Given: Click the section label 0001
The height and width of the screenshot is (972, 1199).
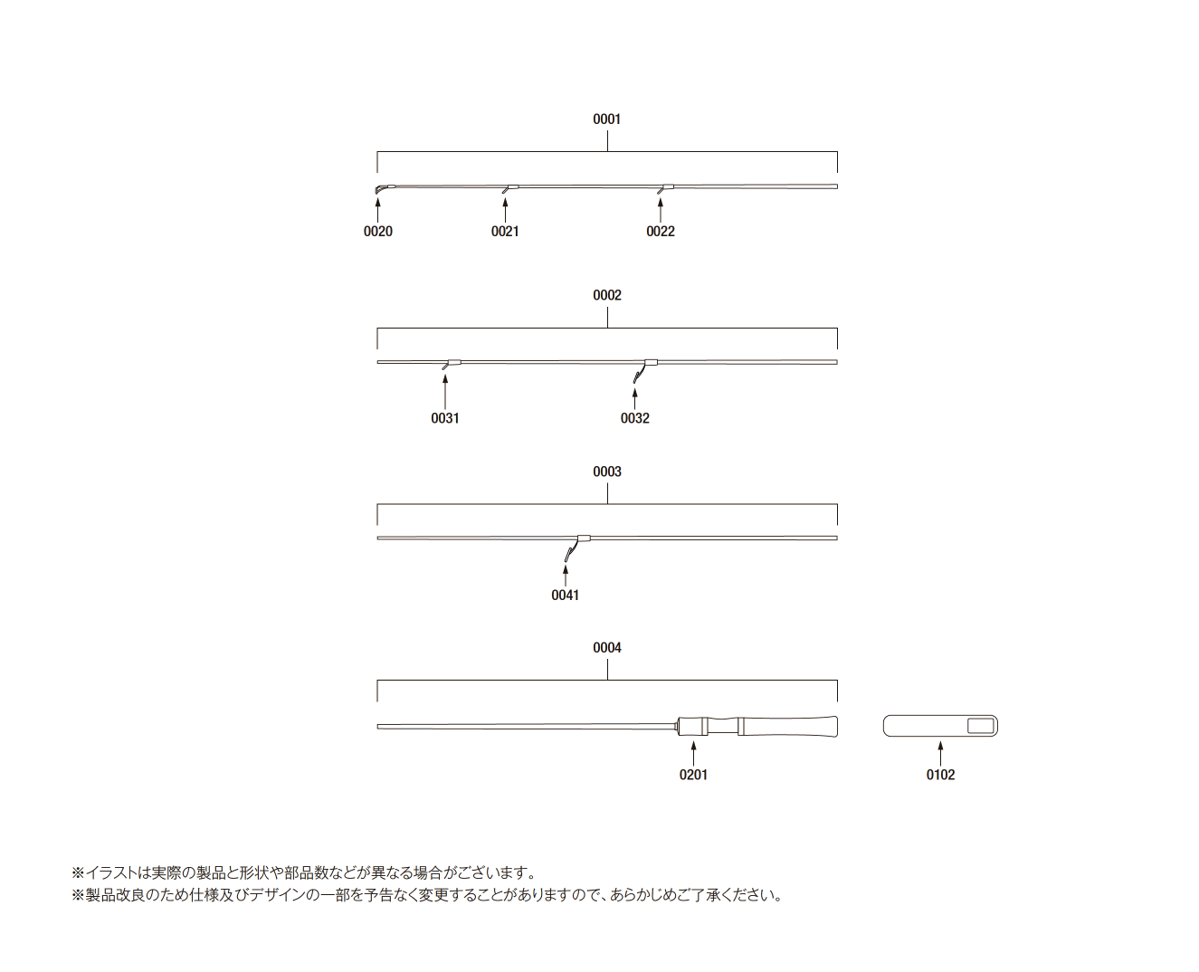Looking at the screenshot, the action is tap(607, 119).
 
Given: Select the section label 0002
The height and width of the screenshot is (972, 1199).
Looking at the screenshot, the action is tap(607, 295).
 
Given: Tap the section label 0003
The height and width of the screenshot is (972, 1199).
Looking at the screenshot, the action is tap(607, 472).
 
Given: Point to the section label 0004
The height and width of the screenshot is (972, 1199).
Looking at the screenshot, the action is tap(607, 648).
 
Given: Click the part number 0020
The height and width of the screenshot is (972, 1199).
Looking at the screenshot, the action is tap(377, 232).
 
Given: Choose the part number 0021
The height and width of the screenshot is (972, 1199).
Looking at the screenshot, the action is tap(505, 232).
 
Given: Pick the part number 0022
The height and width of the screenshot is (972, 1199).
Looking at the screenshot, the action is tap(661, 232).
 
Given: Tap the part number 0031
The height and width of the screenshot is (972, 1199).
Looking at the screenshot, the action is tap(444, 418).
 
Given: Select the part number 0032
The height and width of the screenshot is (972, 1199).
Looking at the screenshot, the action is tap(635, 418).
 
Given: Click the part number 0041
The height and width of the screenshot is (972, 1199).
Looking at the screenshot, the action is tap(566, 595).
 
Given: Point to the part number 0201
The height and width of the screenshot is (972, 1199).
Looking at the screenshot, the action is tap(693, 775).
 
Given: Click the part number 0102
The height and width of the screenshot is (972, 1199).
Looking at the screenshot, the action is tap(940, 775).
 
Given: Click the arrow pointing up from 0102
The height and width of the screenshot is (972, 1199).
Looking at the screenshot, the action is tap(940, 753).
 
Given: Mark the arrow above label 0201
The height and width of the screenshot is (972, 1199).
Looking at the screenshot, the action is tap(693, 753).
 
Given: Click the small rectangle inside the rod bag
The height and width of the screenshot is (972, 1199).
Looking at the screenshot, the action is tap(981, 726).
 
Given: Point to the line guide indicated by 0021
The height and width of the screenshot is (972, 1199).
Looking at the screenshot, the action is tap(509, 188).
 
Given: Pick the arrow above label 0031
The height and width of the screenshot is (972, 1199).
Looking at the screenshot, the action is tap(445, 392).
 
